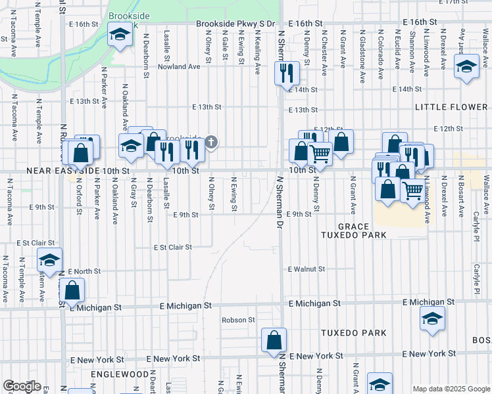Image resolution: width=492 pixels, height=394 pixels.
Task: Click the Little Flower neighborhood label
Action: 451,107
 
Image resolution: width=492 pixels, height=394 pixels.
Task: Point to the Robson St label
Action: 238,320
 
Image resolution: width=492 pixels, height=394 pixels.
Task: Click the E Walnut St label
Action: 307,269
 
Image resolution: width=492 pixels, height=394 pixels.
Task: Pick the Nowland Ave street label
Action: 179,67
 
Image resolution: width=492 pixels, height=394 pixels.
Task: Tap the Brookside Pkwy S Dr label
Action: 235,24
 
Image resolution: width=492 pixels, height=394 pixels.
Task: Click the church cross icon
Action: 211,142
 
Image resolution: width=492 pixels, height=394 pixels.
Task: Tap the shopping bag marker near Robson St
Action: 274,340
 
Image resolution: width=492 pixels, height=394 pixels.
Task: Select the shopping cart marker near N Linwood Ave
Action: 412,190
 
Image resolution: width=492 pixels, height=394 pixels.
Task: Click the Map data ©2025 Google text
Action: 451,389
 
